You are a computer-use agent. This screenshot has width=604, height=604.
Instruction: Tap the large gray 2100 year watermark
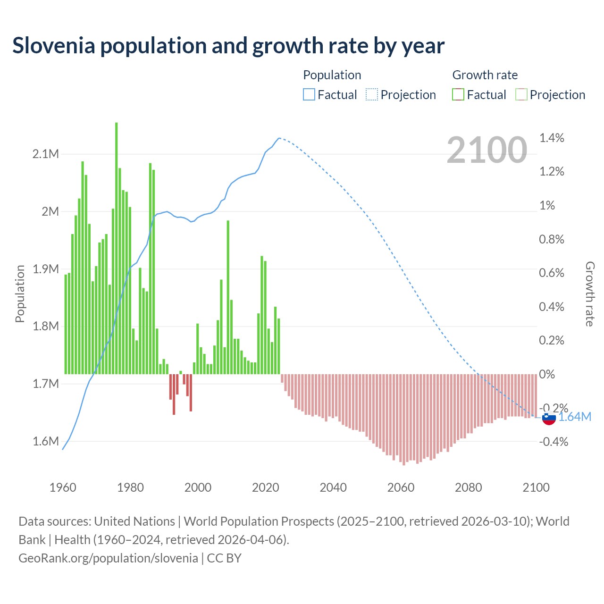[487, 150]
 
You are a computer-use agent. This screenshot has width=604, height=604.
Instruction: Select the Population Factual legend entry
[330, 95]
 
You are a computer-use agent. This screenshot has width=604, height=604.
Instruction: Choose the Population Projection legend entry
[401, 95]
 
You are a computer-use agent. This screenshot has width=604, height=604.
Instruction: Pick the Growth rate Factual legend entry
[479, 95]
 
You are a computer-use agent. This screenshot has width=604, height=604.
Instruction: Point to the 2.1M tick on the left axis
[46, 154]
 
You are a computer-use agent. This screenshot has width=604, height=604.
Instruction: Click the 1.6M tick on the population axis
[46, 441]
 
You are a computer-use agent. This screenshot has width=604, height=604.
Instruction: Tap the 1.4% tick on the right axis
[552, 138]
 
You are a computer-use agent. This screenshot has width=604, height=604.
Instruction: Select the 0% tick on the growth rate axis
[547, 374]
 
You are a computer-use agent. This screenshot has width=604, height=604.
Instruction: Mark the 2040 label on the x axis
[333, 487]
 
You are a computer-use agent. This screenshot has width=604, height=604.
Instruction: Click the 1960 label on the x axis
[63, 487]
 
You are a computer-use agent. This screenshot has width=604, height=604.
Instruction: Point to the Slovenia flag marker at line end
[549, 418]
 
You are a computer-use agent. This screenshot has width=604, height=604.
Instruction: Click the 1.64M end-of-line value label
[575, 417]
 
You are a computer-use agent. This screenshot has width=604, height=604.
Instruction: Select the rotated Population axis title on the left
[20, 294]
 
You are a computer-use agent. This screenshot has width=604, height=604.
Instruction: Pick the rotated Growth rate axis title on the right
[590, 294]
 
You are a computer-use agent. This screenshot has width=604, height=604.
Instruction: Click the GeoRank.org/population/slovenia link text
[108, 558]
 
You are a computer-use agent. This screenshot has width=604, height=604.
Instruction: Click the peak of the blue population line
[279, 138]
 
